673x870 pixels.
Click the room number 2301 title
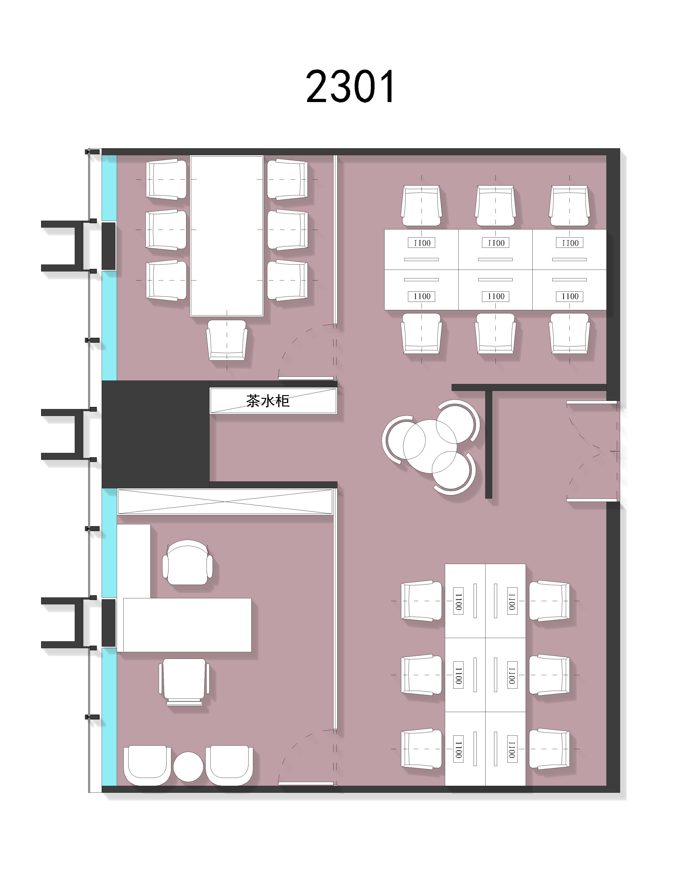tap(350, 87)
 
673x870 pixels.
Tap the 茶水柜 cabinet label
tap(268, 401)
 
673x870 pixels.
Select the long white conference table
tap(227, 236)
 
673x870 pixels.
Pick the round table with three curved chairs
tap(430, 446)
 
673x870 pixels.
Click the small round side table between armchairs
tap(188, 767)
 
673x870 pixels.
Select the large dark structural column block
tap(156, 434)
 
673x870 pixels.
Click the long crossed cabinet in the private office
tap(225, 502)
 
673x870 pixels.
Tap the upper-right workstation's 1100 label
tap(569, 243)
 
